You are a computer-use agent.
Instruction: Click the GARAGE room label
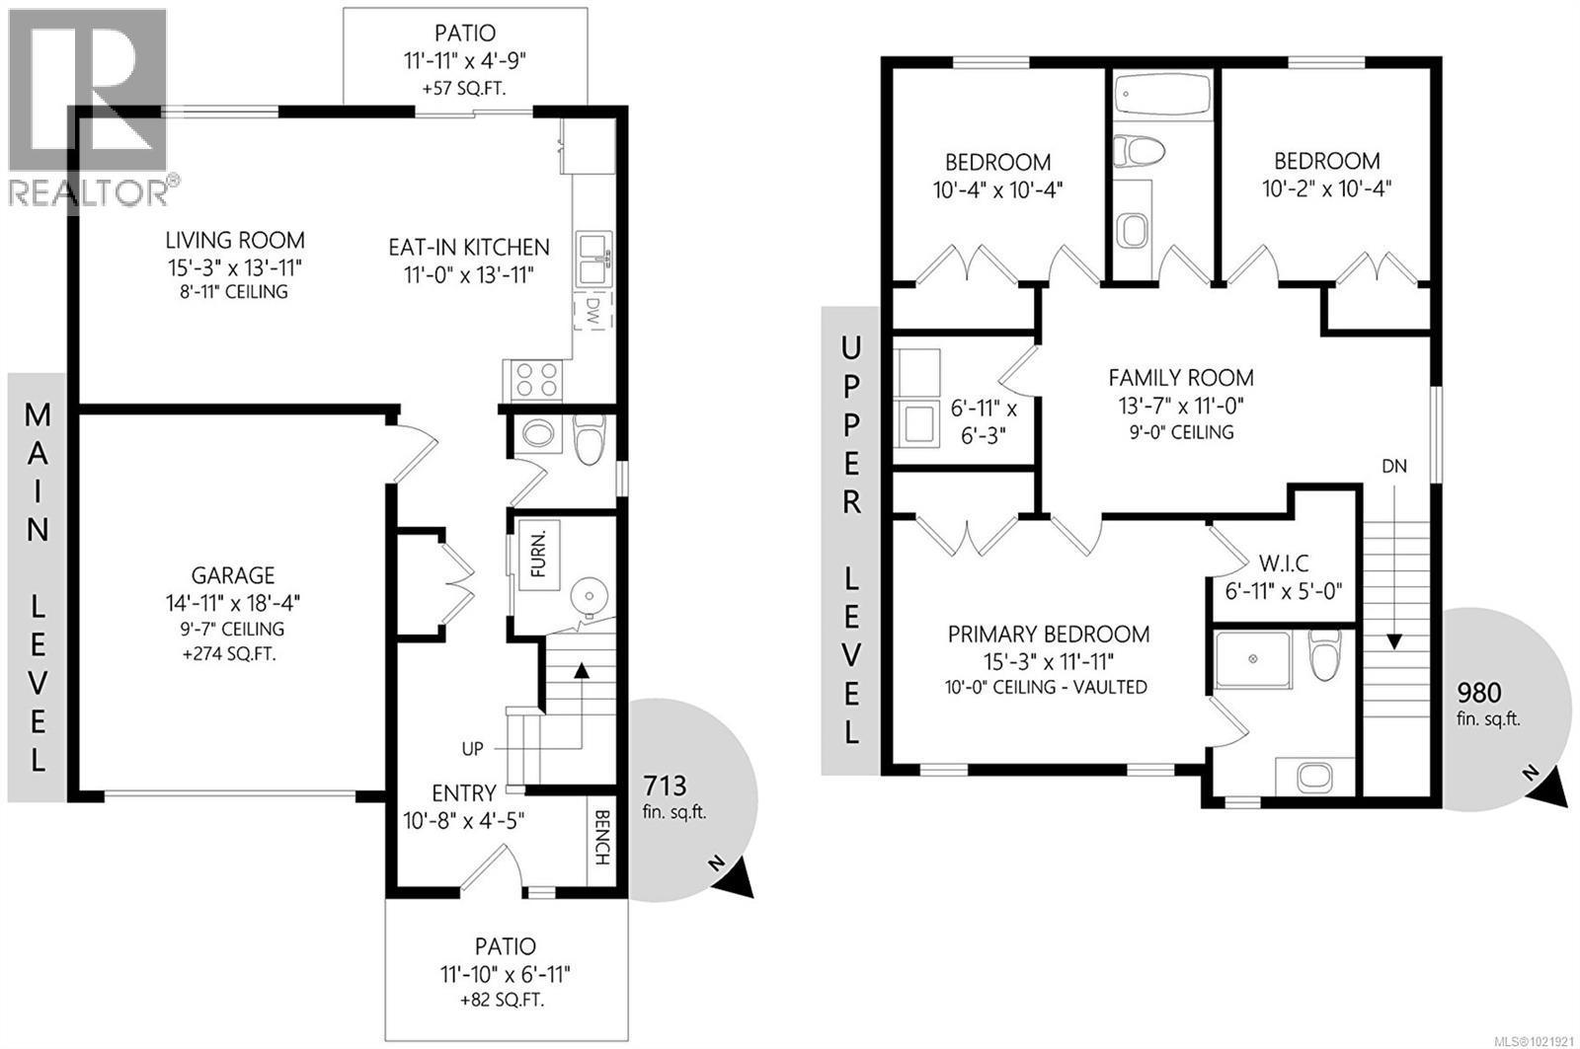click(233, 575)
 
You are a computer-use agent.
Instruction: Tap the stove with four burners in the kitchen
click(534, 380)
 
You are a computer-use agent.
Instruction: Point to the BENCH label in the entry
click(601, 838)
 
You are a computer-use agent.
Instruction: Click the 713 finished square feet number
click(665, 786)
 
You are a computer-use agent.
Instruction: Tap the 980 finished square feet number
click(1477, 691)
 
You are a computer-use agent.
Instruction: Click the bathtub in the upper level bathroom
click(1161, 99)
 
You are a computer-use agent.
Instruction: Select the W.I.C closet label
click(1284, 564)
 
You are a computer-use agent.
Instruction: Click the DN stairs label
click(1394, 466)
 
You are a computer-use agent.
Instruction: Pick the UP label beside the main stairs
click(473, 749)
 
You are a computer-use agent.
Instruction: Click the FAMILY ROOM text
click(1180, 377)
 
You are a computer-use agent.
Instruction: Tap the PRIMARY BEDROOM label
click(1048, 635)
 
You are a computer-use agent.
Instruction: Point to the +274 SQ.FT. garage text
click(233, 653)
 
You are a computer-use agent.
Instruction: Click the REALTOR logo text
click(89, 190)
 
